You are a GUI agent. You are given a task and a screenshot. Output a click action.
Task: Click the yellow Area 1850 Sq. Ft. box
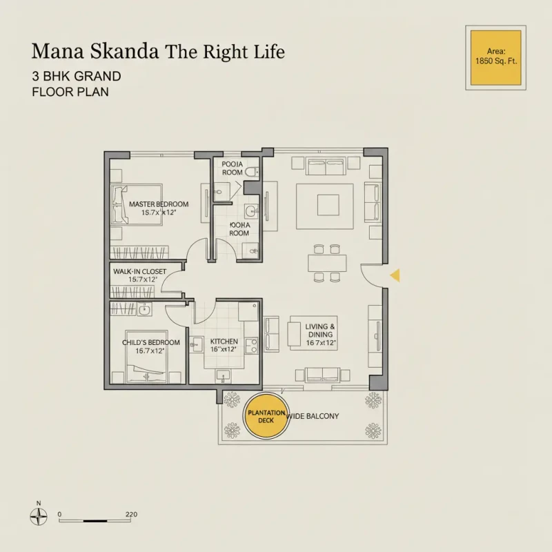coord(495,57)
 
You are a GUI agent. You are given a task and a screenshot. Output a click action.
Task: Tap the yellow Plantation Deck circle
coord(266,415)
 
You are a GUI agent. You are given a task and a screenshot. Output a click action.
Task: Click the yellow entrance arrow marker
coord(396,276)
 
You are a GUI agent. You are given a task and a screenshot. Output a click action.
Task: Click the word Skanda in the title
coord(128,52)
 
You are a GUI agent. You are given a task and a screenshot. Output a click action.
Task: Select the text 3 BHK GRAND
coord(76,76)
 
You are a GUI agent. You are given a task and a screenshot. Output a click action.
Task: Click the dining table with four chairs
coord(327,263)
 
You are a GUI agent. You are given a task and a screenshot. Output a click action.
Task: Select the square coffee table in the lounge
coord(328,205)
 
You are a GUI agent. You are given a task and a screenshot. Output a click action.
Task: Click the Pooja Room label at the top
coord(232,168)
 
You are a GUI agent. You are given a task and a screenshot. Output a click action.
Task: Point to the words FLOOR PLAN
coord(70,91)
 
